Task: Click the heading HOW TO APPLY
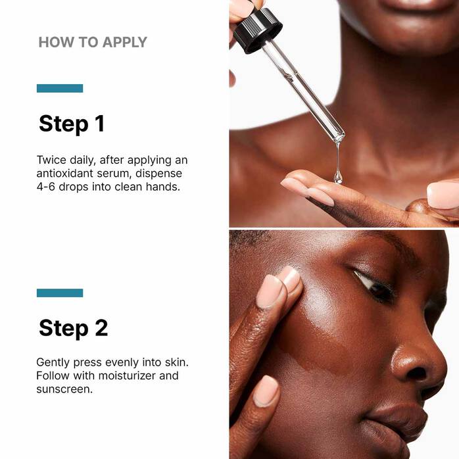coord(93,43)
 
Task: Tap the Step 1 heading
coord(72,124)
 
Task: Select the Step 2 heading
coord(73,327)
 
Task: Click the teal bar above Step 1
coord(60,88)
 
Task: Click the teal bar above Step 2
coord(60,293)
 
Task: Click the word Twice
coord(51,160)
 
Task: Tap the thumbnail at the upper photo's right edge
coord(443,195)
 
